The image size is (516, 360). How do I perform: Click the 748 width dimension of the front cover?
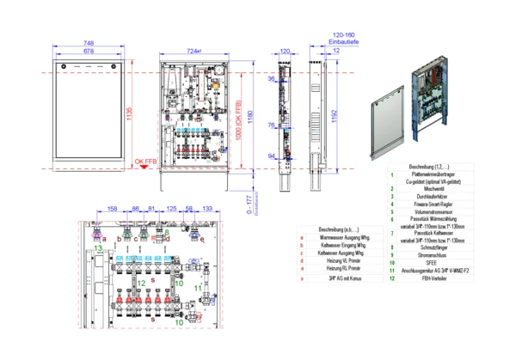click(x=88, y=42)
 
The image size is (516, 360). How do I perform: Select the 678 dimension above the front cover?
click(x=88, y=52)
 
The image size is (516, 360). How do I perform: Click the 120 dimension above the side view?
click(x=286, y=52)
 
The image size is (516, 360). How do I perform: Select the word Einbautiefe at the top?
click(x=343, y=42)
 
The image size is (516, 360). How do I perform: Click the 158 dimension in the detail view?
click(x=112, y=209)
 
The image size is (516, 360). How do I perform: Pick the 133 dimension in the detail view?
click(x=206, y=209)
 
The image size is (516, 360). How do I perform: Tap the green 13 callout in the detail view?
click(x=98, y=248)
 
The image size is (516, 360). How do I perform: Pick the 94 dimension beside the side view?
click(x=271, y=156)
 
